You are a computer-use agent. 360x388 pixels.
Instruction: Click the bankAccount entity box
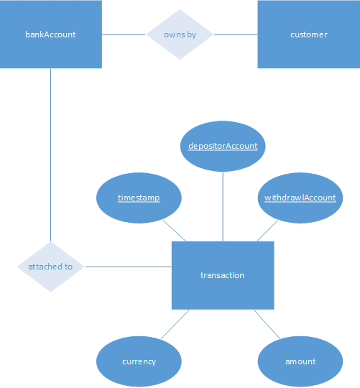point(50,34)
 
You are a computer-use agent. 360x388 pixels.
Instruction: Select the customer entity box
point(308,34)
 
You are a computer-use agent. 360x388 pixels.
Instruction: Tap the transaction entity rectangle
point(222,275)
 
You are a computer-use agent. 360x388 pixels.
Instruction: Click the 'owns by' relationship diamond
point(180,34)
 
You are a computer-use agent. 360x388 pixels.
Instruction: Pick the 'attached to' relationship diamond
point(50,267)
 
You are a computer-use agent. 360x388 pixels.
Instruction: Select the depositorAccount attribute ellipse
point(222,146)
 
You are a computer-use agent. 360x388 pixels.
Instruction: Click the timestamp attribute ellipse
point(139,198)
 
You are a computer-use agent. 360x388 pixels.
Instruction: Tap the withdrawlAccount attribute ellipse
point(300,198)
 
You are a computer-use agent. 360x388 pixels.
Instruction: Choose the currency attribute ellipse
point(139,361)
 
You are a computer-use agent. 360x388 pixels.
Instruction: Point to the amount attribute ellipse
point(300,361)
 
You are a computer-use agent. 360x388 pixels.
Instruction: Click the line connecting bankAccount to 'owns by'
point(124,34)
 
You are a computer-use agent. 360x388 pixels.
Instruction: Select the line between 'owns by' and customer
point(236,34)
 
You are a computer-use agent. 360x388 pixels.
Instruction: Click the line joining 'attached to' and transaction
point(128,267)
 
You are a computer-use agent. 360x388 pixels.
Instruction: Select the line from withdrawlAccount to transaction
point(267,231)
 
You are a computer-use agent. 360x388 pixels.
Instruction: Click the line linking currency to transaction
point(174,324)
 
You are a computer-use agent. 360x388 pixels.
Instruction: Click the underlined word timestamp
point(139,198)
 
